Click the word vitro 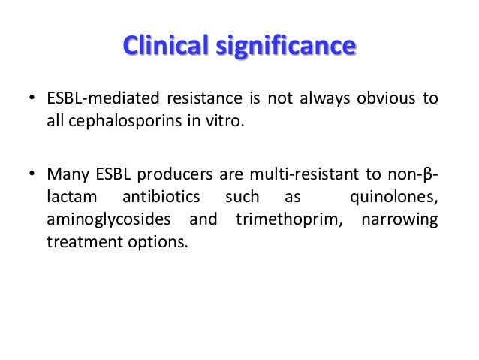point(227,123)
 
